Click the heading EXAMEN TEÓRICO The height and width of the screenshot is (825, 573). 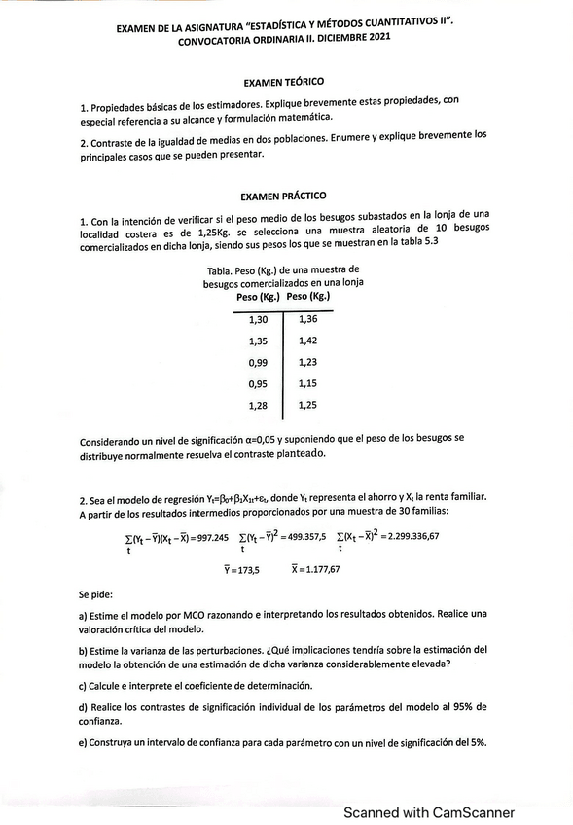285,84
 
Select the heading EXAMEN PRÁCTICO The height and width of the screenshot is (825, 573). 285,196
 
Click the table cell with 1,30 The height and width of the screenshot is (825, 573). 259,320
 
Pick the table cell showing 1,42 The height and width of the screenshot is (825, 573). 308,341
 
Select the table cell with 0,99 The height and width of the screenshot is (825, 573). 259,362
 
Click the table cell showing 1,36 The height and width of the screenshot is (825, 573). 308,320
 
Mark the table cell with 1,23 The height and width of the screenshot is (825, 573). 308,362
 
